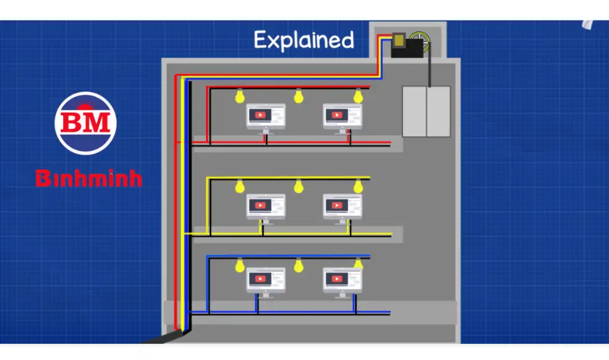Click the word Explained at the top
(x=304, y=40)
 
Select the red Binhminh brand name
(x=88, y=179)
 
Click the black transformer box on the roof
(x=407, y=46)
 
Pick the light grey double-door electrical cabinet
(x=426, y=111)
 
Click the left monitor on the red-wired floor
(x=266, y=116)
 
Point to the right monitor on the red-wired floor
(x=343, y=116)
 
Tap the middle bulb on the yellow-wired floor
(x=299, y=186)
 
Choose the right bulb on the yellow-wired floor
(x=357, y=186)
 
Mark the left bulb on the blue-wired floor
(x=239, y=266)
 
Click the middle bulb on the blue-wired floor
(x=299, y=266)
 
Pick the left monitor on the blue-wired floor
(x=266, y=280)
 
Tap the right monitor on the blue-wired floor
(x=343, y=280)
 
